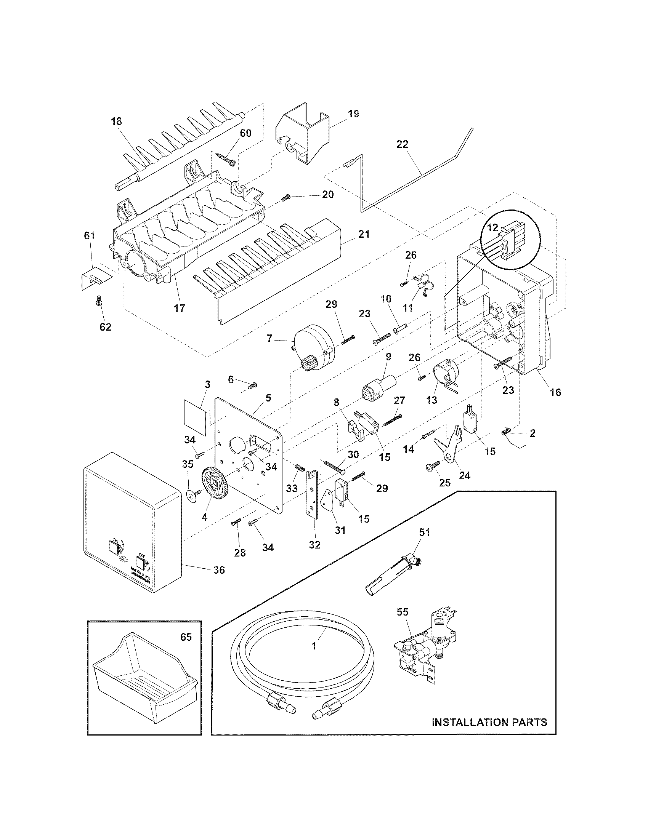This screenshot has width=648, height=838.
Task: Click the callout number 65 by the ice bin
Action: point(186,637)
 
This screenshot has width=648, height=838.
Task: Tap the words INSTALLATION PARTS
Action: point(489,722)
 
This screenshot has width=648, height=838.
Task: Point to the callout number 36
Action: point(219,581)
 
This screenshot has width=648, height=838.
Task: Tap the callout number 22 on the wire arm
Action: point(403,144)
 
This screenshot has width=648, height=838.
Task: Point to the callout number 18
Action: point(116,122)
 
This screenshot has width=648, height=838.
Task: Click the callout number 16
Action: point(555,392)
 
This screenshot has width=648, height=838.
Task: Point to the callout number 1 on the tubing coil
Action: point(314,646)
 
